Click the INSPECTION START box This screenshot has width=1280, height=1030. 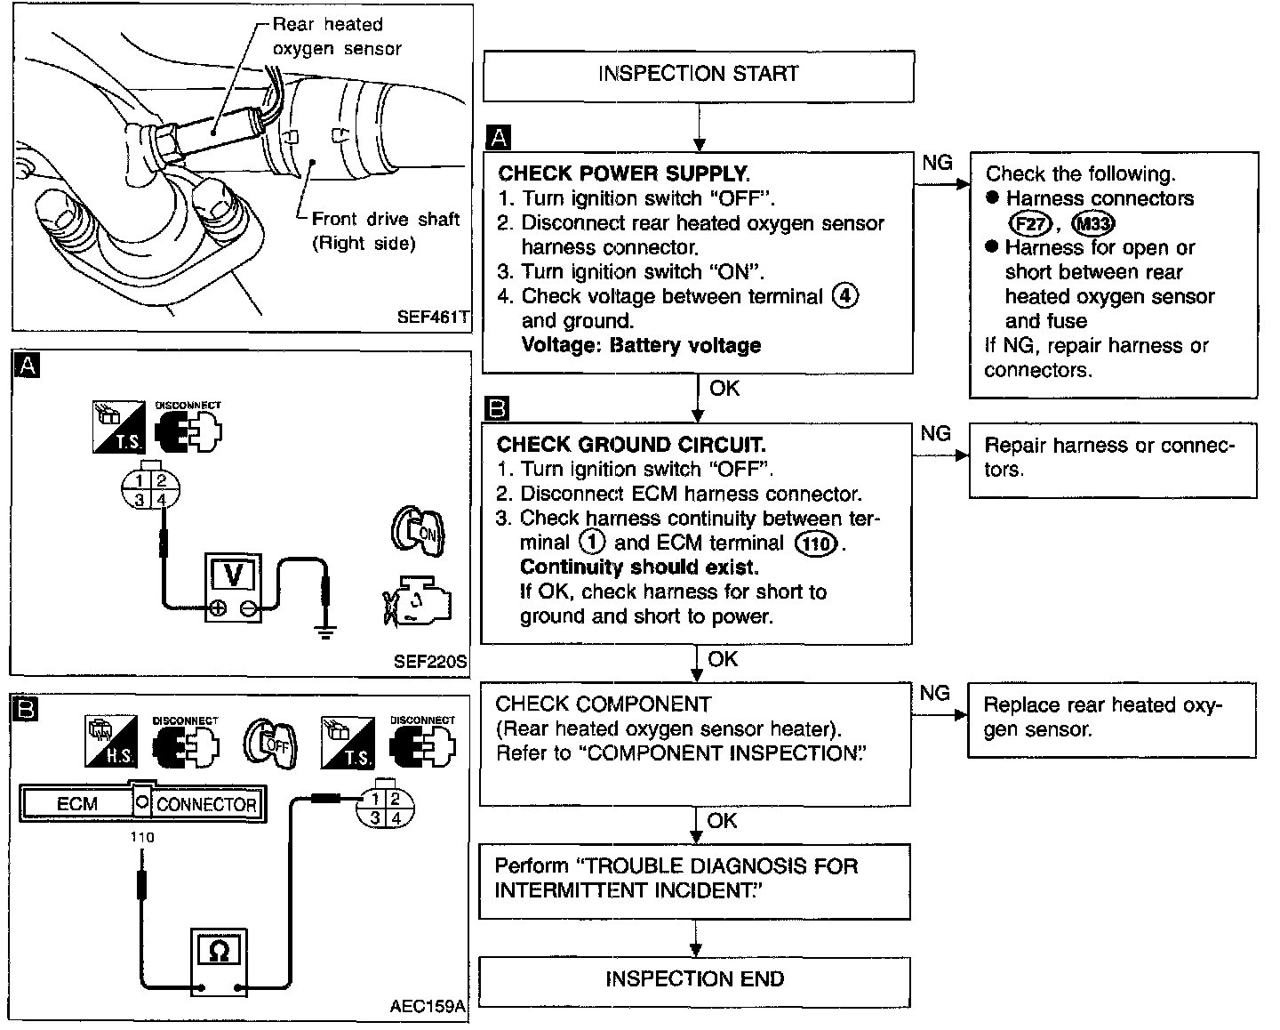(699, 76)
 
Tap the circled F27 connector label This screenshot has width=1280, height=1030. (1031, 224)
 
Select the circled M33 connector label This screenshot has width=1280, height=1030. (1092, 224)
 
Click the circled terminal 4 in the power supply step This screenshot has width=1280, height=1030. (845, 296)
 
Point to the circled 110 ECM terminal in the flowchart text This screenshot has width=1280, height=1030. (816, 543)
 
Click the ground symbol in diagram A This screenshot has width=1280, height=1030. (325, 632)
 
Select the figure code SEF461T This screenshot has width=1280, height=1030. (433, 317)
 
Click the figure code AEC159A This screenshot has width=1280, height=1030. (427, 1006)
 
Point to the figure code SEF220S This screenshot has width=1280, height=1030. (430, 662)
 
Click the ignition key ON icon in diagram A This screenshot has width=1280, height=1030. (418, 531)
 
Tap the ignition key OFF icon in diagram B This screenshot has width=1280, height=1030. (270, 744)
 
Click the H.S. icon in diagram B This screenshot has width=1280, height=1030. (111, 741)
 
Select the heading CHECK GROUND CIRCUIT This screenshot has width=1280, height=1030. (631, 445)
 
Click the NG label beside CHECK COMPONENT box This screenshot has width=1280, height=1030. (934, 693)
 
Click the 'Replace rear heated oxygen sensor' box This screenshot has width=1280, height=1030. (1112, 720)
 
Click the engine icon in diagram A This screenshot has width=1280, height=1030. (418, 600)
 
